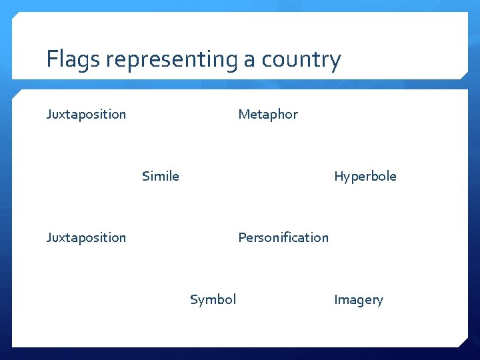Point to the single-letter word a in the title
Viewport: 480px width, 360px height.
point(249,61)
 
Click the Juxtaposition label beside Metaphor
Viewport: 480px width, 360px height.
point(86,114)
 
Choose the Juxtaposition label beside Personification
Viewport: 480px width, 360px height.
point(86,237)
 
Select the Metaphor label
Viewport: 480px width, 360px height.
point(268,114)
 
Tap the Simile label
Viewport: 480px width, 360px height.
point(161,176)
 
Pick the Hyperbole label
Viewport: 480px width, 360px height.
point(365,176)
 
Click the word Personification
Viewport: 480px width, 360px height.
point(283,237)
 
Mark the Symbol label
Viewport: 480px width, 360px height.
point(213,299)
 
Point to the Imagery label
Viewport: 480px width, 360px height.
point(359,299)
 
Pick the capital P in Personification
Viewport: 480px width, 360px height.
point(242,237)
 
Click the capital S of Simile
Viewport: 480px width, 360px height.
point(145,176)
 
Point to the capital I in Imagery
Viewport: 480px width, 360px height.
point(336,299)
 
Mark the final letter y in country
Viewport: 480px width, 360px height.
point(335,62)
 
